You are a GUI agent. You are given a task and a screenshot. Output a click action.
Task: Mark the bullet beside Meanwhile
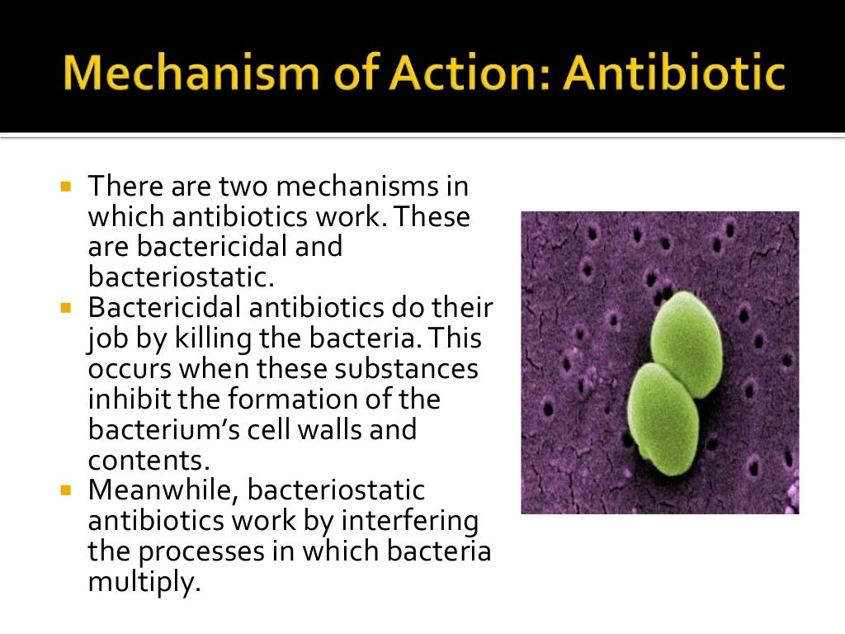click(x=67, y=490)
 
